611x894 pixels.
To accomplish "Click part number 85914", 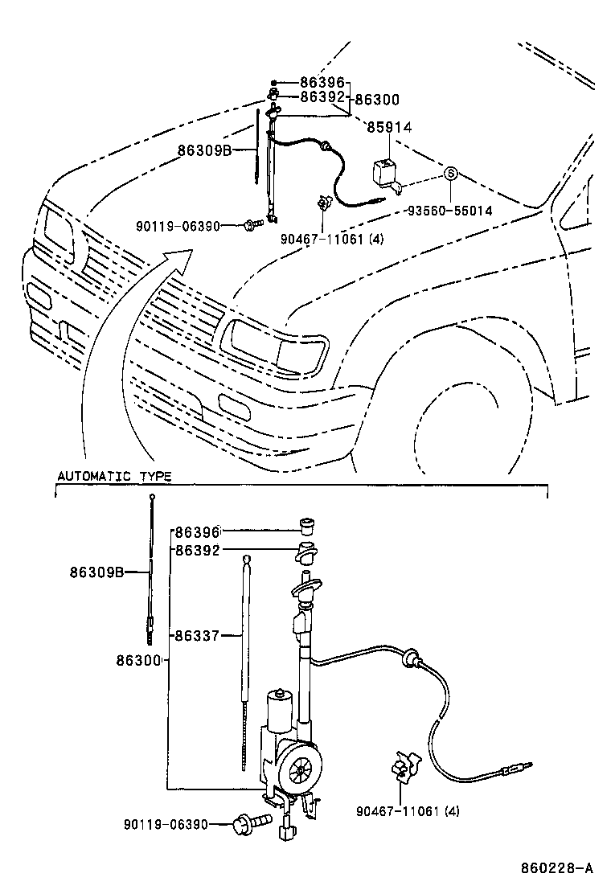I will point(389,127).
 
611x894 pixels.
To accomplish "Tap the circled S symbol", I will point(451,173).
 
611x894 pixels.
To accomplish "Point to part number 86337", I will point(198,635).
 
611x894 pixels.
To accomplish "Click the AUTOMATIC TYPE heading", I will point(113,476).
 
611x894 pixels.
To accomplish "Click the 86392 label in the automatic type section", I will point(198,551).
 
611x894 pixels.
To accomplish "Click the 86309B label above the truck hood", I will point(205,150).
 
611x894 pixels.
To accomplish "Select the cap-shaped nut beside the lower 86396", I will point(306,525).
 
